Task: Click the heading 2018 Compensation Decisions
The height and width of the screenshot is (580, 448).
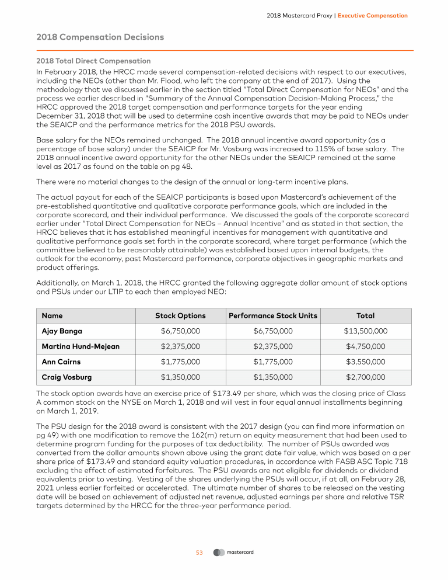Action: pos(100,37)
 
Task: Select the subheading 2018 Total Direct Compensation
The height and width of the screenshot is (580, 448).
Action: pos(93,61)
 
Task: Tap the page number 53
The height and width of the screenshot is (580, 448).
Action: pos(198,553)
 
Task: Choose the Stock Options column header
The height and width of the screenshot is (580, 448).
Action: pos(180,316)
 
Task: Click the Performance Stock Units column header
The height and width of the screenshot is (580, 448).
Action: pos(273,316)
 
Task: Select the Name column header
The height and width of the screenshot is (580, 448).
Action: pos(52,316)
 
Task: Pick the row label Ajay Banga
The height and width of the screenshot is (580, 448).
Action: pos(62,331)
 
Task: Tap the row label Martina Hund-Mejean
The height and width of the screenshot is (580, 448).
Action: pos(80,346)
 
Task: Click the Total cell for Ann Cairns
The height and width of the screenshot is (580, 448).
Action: pos(365,362)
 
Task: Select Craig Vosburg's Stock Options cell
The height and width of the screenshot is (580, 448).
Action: pos(180,377)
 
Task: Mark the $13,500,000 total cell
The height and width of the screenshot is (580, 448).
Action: pos(365,331)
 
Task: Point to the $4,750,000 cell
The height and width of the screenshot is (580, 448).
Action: pos(365,346)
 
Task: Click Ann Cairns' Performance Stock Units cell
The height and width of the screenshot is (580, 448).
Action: pos(273,362)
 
